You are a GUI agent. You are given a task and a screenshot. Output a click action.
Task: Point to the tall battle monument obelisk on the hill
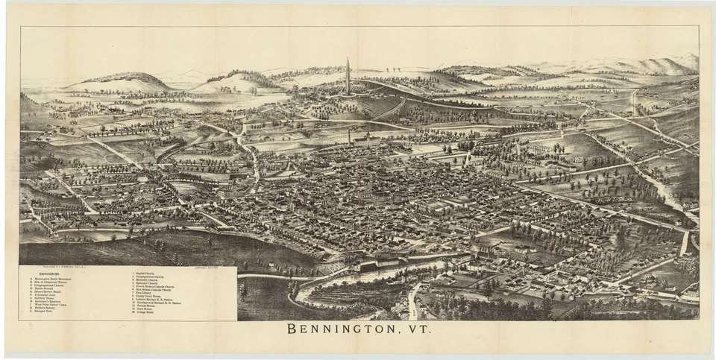(x=348, y=76)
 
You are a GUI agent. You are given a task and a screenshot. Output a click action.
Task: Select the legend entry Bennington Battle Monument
(x=54, y=278)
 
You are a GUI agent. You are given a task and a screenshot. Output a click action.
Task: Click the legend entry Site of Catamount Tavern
(x=53, y=282)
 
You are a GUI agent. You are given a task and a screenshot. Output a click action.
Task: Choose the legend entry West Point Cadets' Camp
(x=53, y=306)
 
